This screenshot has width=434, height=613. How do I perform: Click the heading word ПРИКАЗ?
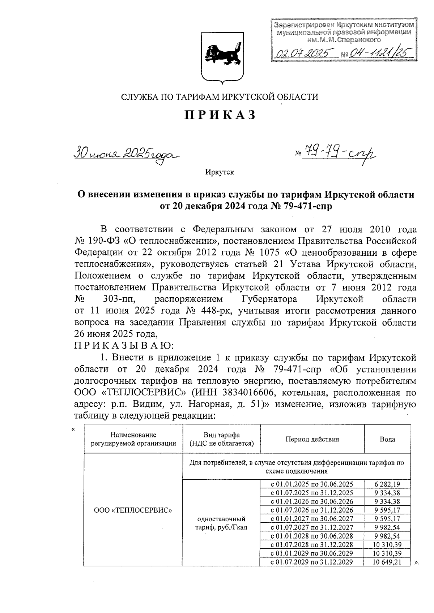(x=220, y=115)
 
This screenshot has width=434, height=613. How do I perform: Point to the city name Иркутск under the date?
(x=220, y=172)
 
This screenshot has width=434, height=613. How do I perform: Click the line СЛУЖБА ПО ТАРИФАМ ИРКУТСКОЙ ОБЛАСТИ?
(x=220, y=97)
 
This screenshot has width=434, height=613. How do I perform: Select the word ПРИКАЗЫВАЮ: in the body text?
(x=124, y=346)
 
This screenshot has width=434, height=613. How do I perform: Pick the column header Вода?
(x=387, y=439)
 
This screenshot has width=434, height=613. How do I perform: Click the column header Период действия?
(x=312, y=439)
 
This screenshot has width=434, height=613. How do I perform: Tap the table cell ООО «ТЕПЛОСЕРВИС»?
(x=133, y=510)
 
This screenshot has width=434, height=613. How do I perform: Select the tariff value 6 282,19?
(x=387, y=484)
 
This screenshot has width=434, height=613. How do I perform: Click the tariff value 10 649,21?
(x=387, y=562)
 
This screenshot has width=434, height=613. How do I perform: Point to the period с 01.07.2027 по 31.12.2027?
(x=312, y=527)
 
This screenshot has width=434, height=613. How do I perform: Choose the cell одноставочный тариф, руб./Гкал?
(x=221, y=523)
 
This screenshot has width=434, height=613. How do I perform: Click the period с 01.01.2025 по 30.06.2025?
(x=312, y=484)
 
